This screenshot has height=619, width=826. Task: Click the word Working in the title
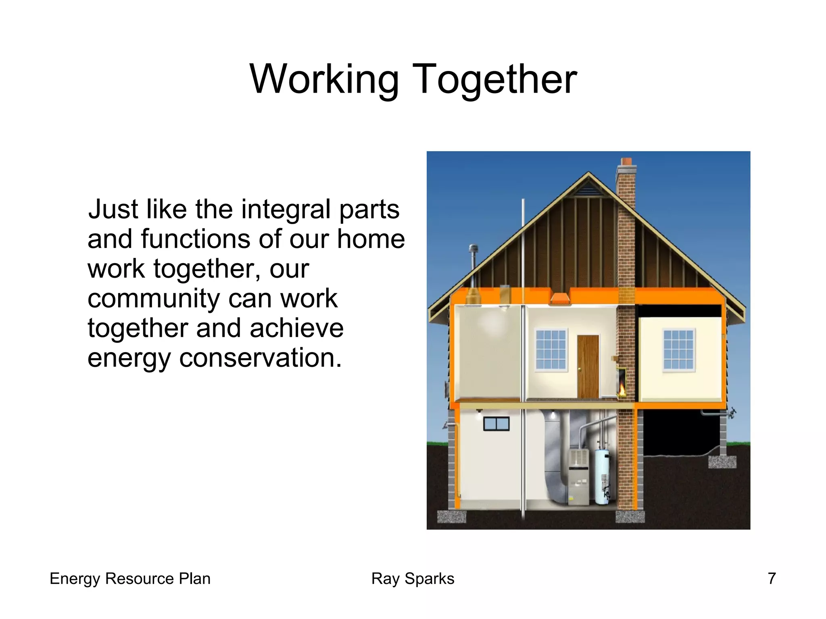324,79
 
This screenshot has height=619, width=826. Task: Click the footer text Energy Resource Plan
130,579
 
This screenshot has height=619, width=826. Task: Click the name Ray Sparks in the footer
413,579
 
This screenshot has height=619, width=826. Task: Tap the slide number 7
772,579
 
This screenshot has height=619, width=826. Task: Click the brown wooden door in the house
588,366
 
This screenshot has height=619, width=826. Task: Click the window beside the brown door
551,349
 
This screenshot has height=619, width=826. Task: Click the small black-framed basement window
496,424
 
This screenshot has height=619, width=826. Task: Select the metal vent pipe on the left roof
473,262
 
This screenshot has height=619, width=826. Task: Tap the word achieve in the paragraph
296,328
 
